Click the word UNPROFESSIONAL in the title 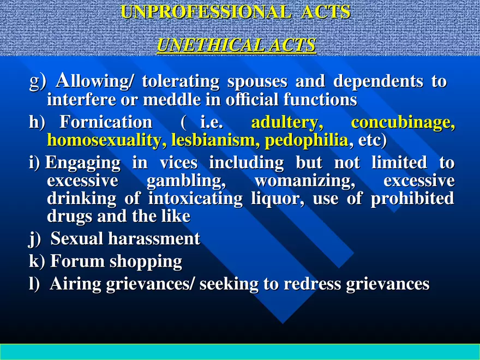[x=206, y=12]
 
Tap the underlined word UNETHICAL [x=211, y=45]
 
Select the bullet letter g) [x=38, y=82]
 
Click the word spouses [x=257, y=81]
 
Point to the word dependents [x=378, y=81]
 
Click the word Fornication [x=106, y=122]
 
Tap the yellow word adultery [x=287, y=122]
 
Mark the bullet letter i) [x=34, y=163]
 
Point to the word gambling [x=186, y=181]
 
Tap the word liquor [x=278, y=199]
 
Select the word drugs [x=70, y=217]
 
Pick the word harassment [x=154, y=238]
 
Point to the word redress [x=312, y=284]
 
